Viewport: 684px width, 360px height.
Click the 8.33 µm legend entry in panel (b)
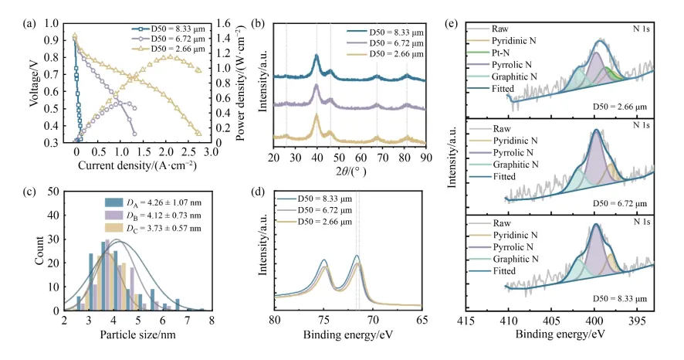(394, 31)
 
